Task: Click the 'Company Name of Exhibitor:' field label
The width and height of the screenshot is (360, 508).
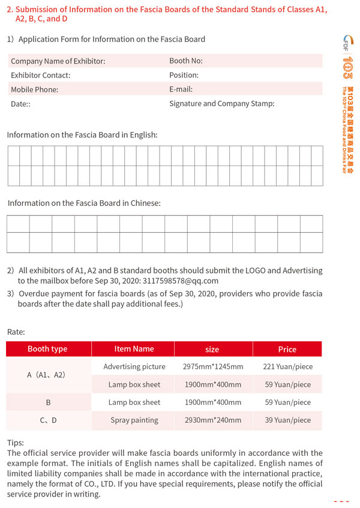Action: click(x=58, y=61)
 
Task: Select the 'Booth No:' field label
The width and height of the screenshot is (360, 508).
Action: click(x=186, y=61)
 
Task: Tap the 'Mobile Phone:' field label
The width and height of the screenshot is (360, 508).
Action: click(x=34, y=89)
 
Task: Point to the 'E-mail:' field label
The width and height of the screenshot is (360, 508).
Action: click(x=181, y=89)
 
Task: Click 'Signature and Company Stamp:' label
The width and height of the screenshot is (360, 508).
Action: click(x=221, y=104)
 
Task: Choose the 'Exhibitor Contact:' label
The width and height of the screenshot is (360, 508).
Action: click(x=40, y=76)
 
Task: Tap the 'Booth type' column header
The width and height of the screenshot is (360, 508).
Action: click(x=47, y=349)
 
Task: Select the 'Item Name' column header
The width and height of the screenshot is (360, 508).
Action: click(x=134, y=349)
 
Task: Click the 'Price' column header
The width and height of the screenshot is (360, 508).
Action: click(x=287, y=349)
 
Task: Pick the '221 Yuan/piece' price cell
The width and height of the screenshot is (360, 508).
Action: click(x=287, y=366)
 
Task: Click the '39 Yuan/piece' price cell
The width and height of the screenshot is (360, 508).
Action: click(x=287, y=420)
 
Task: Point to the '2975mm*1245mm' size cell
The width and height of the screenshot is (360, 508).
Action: click(x=213, y=366)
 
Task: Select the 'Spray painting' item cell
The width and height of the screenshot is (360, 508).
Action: click(x=134, y=420)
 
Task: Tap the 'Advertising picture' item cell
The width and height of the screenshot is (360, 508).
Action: click(x=134, y=366)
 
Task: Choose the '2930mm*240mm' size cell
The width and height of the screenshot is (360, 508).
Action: click(x=213, y=420)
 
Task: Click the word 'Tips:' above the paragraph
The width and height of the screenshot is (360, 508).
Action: click(x=16, y=443)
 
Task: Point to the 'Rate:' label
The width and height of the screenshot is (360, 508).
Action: click(x=16, y=332)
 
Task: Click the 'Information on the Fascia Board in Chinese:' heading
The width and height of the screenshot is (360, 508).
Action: click(x=84, y=203)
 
